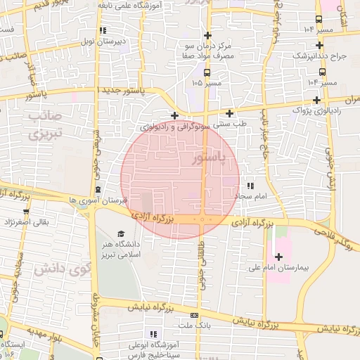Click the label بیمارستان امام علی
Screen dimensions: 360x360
click(x=284, y=267)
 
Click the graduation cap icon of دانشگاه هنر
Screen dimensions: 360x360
click(x=120, y=234)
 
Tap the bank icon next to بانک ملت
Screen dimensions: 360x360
click(x=195, y=315)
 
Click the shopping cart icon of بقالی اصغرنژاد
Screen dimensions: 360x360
click(x=26, y=211)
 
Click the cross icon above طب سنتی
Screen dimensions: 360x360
click(x=229, y=113)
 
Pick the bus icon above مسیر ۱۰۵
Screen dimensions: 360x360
click(x=206, y=72)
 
